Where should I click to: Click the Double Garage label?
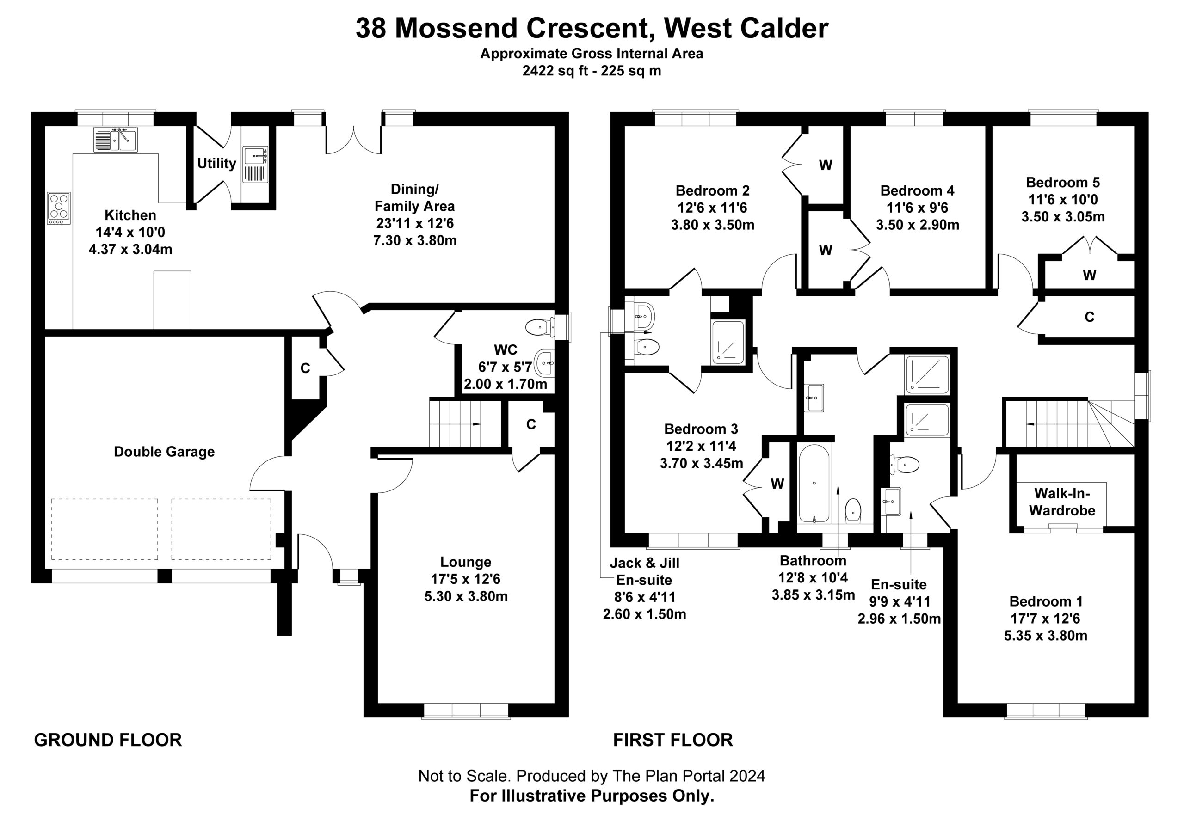pos(164,452)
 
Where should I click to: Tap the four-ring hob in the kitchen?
pos(59,208)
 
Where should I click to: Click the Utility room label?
pos(216,164)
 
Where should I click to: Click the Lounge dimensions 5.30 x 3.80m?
pos(466,596)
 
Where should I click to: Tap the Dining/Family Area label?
pos(415,197)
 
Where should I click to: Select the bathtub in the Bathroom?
pos(814,483)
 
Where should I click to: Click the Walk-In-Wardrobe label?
pos(1062,502)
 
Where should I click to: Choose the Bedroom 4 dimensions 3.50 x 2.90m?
pos(918,225)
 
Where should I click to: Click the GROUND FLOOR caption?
pos(108,740)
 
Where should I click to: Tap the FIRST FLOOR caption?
pos(673,740)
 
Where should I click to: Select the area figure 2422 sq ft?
pos(555,71)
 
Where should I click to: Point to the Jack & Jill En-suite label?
pos(644,571)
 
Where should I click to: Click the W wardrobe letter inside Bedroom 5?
pos(1089,275)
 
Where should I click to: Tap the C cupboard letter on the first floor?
pos(1089,317)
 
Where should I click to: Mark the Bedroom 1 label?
pos(1046,601)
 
